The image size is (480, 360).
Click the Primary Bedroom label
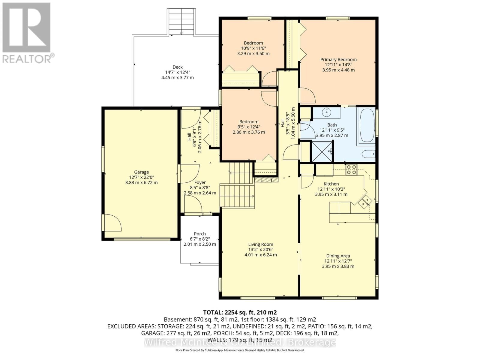[x=338, y=59]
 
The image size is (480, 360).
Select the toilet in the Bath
[x=369, y=154]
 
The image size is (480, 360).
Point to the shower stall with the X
[x=322, y=151]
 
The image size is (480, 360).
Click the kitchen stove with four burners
[x=351, y=169]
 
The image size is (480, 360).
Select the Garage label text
[x=141, y=172]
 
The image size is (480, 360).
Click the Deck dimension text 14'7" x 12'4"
[x=178, y=72]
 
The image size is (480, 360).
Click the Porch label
[x=200, y=234]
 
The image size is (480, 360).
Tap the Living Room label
[x=260, y=244]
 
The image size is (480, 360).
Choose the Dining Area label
[x=338, y=256]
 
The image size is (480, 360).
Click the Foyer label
[x=200, y=182]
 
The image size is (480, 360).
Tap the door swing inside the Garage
[x=112, y=223]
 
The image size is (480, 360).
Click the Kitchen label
[x=331, y=184]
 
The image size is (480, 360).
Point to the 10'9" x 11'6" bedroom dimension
[x=253, y=48]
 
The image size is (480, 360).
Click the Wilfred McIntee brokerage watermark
[x=240, y=342]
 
